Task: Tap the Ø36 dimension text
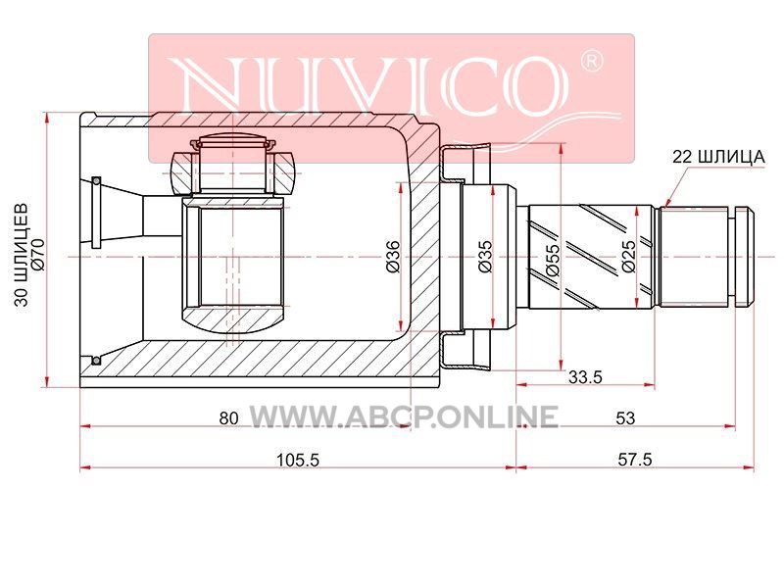pyautogui.click(x=393, y=257)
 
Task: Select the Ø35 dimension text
pyautogui.click(x=484, y=257)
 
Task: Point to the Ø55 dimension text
pyautogui.click(x=553, y=260)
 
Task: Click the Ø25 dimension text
pyautogui.click(x=628, y=256)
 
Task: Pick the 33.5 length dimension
pyautogui.click(x=585, y=376)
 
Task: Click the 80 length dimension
pyautogui.click(x=228, y=418)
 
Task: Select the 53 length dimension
pyautogui.click(x=625, y=418)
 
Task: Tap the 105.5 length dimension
pyautogui.click(x=298, y=460)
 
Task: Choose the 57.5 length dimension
pyautogui.click(x=635, y=460)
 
